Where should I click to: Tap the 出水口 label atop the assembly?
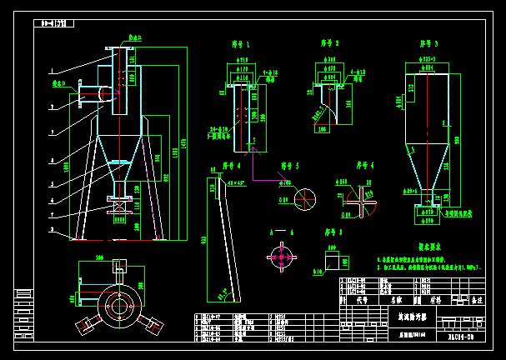(x=133, y=38)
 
